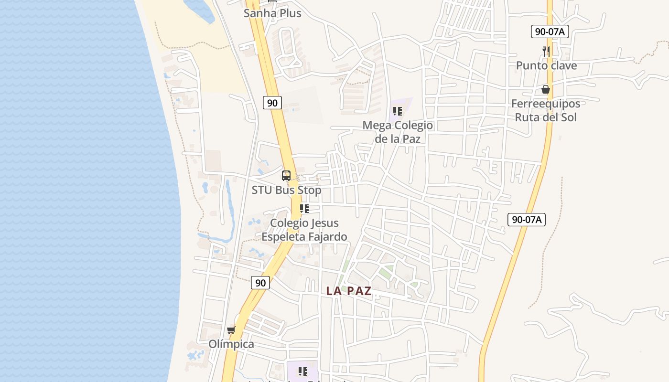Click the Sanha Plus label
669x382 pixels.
click(272, 13)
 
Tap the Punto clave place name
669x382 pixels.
click(546, 65)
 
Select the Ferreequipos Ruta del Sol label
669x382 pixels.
click(546, 110)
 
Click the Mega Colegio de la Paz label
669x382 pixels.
click(398, 132)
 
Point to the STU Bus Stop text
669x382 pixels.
click(286, 190)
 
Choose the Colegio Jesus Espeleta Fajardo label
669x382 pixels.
click(304, 230)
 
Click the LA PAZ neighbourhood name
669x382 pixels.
click(349, 291)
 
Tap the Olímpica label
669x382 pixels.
click(231, 344)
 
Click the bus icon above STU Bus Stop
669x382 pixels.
click(286, 176)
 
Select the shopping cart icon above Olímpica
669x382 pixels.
click(231, 330)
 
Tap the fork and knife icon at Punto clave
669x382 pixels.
click(546, 51)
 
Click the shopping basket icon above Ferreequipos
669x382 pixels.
click(546, 89)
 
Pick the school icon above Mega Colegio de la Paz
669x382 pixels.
click(398, 112)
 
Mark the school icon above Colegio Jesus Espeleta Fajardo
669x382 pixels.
click(304, 209)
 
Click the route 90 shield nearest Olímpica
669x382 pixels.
click(260, 283)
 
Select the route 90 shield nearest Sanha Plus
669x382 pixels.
click(272, 102)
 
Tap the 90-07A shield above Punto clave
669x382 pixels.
click(550, 32)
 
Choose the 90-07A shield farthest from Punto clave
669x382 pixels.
click(526, 220)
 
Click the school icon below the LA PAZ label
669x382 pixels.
click(302, 371)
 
